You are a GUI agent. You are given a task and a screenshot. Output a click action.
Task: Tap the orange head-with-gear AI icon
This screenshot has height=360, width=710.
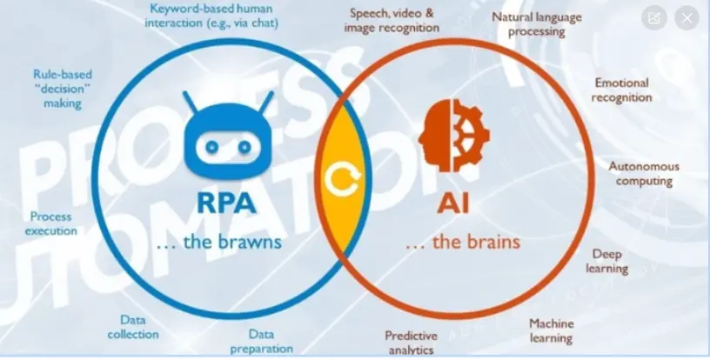tap(453, 135)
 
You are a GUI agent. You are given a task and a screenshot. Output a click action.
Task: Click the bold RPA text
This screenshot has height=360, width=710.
tap(226, 203)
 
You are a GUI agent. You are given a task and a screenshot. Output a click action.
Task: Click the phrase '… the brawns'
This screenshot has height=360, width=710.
tap(218, 243)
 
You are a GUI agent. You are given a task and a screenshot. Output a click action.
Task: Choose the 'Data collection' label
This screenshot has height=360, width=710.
tap(133, 327)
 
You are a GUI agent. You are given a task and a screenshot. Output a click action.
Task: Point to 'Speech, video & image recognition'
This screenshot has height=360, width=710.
tap(392, 21)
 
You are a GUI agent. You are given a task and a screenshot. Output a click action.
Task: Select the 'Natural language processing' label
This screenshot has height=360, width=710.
tap(537, 23)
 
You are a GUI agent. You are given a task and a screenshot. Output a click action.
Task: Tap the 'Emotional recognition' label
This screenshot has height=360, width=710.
tap(621, 90)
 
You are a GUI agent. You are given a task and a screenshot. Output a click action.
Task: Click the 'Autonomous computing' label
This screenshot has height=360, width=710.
tap(644, 173)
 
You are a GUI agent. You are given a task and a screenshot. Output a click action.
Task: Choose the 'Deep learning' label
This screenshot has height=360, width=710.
tap(610, 261)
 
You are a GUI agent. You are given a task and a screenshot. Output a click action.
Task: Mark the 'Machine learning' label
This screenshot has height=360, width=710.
tap(552, 330)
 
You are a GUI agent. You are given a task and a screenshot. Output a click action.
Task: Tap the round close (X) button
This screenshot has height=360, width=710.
tap(687, 17)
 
